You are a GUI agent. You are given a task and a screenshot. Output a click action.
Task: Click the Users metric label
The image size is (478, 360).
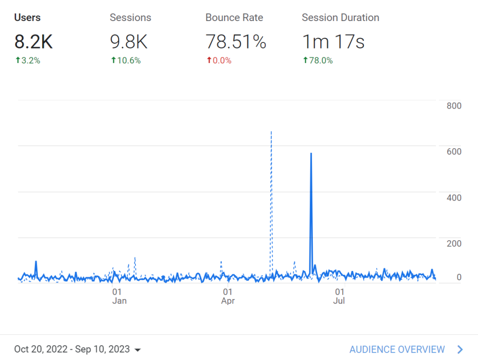click(x=28, y=18)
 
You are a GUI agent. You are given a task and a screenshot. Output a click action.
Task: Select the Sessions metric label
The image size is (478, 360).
click(x=130, y=18)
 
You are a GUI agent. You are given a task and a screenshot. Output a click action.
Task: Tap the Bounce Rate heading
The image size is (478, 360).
click(x=234, y=18)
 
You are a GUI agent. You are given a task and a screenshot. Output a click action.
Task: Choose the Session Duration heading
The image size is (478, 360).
click(x=340, y=18)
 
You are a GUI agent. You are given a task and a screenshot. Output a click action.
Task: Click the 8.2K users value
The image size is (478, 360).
click(x=34, y=42)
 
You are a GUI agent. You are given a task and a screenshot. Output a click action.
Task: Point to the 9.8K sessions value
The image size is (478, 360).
click(x=129, y=42)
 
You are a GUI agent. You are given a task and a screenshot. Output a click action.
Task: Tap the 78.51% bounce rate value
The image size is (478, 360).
click(x=236, y=42)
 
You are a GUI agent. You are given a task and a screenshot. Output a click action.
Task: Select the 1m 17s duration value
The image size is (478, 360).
click(x=333, y=42)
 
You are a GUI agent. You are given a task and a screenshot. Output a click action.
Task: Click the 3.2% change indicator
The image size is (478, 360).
click(x=28, y=61)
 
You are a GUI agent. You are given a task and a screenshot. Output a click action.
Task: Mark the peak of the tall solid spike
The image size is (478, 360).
click(x=311, y=153)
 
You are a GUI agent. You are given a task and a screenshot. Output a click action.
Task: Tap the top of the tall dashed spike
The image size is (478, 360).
click(x=271, y=132)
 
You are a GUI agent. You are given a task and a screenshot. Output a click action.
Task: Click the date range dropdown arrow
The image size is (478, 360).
click(x=137, y=350)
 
